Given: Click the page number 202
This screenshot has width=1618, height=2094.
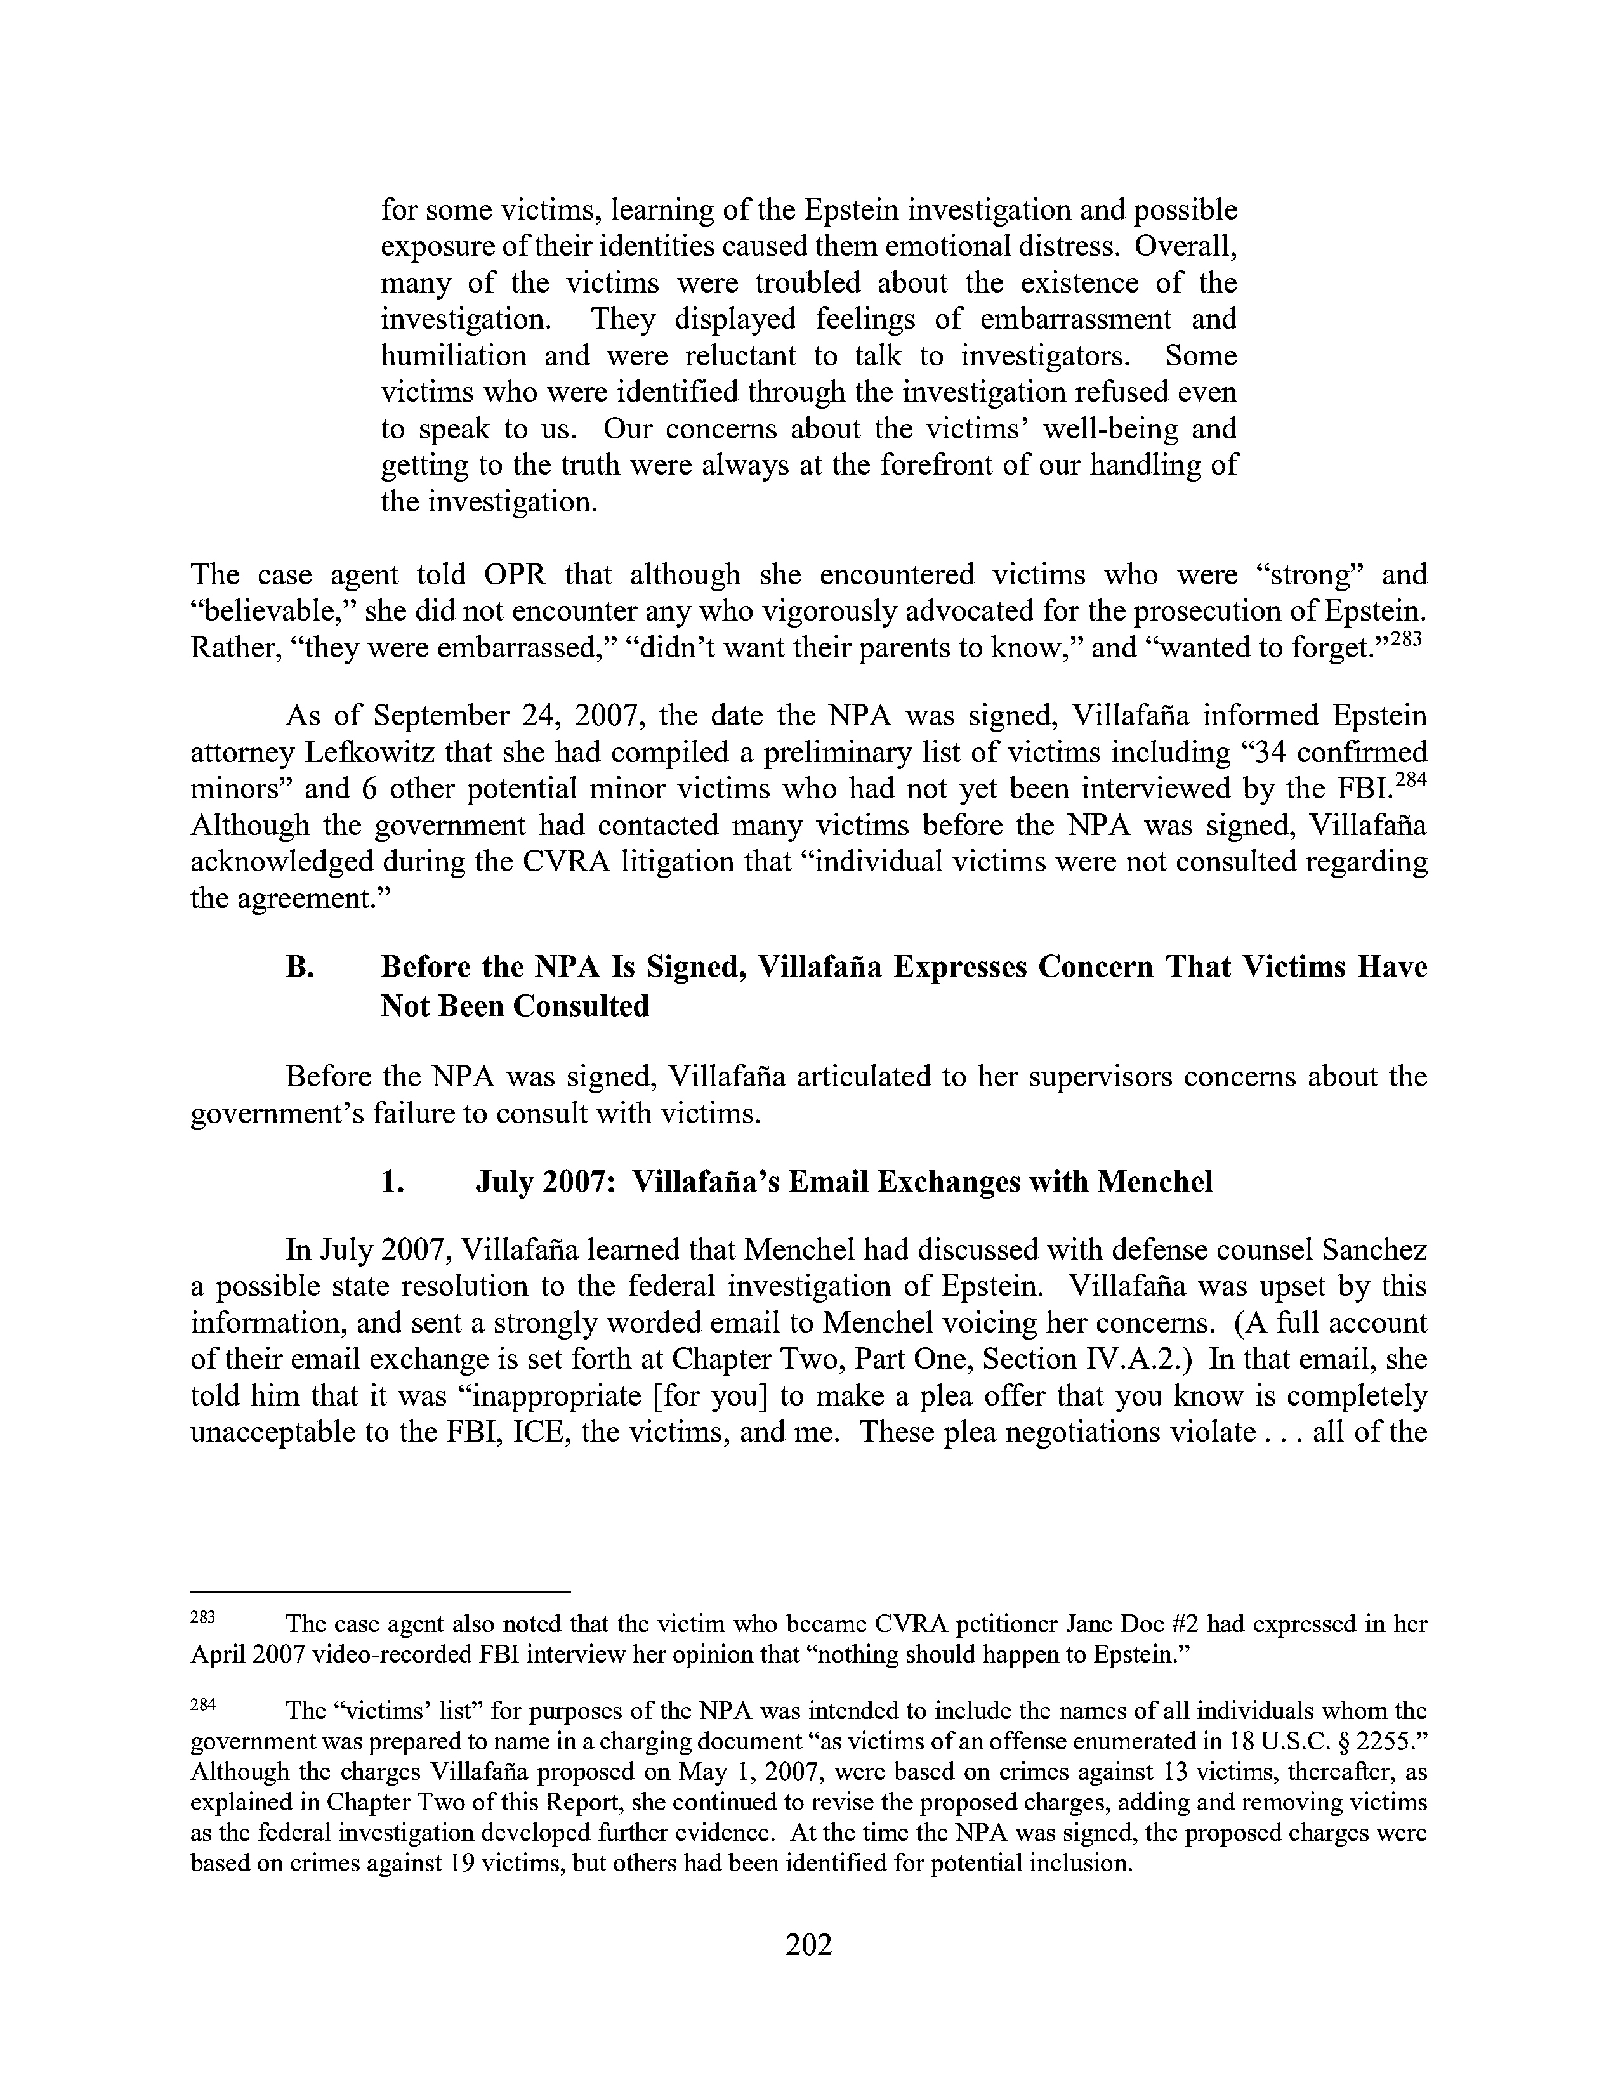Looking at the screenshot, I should [808, 1944].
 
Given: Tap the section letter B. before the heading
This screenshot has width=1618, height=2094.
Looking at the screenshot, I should [300, 966].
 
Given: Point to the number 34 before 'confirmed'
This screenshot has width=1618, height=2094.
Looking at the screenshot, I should [1272, 753].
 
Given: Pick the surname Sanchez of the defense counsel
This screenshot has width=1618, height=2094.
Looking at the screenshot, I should [1374, 1250].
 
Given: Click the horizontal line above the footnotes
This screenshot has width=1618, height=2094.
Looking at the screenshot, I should [381, 1593].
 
